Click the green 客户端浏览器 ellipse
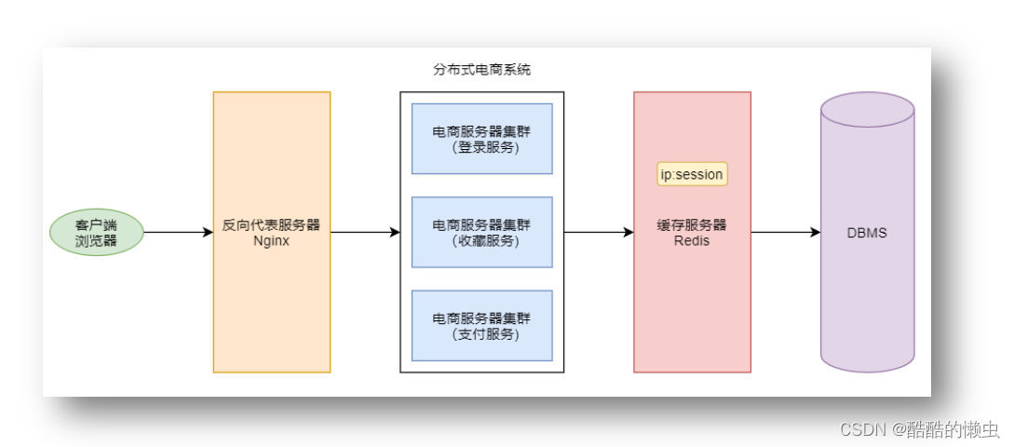point(96,232)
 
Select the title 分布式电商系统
point(481,70)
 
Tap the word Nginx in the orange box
point(272,241)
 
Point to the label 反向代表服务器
point(272,225)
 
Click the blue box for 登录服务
point(482,139)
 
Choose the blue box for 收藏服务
point(482,232)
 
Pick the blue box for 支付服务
point(482,325)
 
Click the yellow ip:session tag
point(693,174)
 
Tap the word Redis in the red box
point(692,241)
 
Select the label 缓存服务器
point(692,225)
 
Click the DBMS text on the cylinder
point(867,234)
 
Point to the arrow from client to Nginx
point(179,233)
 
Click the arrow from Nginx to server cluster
point(365,233)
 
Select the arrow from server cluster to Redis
point(599,233)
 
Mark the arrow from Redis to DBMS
point(786,233)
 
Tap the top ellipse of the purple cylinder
point(867,109)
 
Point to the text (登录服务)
point(482,147)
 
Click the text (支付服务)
point(482,334)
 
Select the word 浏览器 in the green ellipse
point(96,240)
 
